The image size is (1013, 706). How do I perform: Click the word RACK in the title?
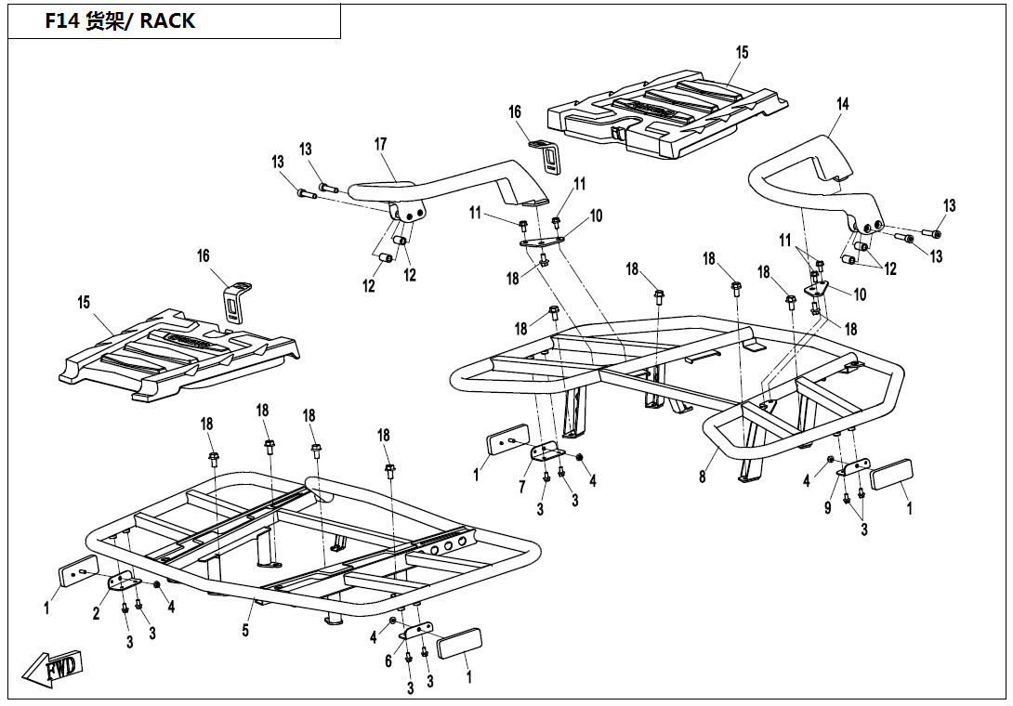(168, 21)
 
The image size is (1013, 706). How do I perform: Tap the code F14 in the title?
(62, 21)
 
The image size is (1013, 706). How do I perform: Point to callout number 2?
(96, 613)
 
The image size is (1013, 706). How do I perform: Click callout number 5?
(245, 631)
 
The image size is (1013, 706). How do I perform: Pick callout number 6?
(389, 660)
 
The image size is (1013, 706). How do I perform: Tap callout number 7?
(522, 488)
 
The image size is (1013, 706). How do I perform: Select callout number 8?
(703, 477)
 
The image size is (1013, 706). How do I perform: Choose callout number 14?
(843, 104)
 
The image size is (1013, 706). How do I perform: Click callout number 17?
(380, 144)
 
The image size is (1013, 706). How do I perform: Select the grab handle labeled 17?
(446, 181)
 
